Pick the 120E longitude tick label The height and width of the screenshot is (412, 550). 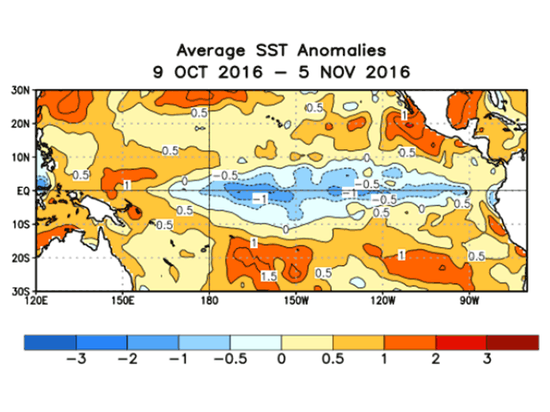click(38, 300)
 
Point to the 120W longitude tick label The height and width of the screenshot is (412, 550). click(381, 300)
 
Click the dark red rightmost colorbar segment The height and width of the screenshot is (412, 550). click(512, 342)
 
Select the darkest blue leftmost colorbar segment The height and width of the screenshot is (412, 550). click(50, 342)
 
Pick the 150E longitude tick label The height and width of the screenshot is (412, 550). click(123, 300)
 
